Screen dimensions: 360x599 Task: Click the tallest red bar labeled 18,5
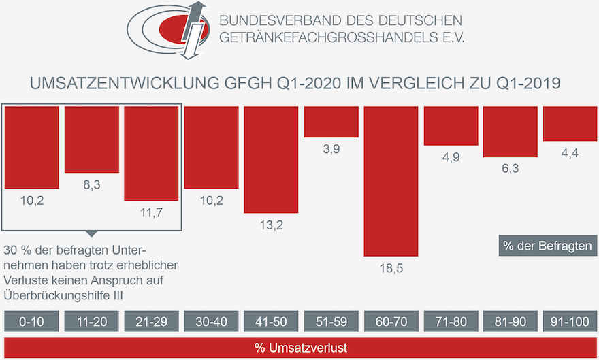391,180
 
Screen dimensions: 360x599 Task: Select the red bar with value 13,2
272,159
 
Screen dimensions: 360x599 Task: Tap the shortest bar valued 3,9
331,122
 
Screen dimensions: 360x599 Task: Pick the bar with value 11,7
151,153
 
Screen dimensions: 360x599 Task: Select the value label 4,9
451,157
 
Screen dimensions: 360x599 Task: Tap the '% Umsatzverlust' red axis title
300,348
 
